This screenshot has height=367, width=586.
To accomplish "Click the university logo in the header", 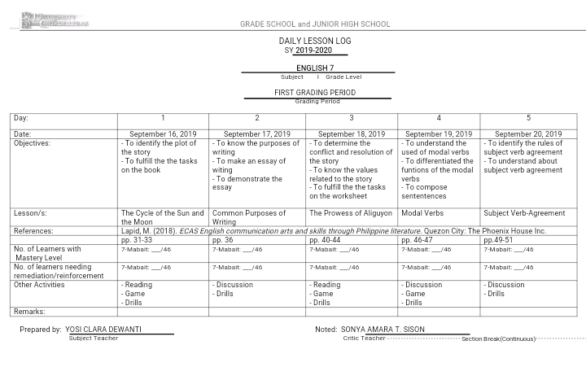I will [55, 20].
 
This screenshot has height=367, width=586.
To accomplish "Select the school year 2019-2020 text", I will [313, 50].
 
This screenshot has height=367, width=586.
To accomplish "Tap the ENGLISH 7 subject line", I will [315, 68].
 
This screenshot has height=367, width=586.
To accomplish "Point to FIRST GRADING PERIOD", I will [314, 93].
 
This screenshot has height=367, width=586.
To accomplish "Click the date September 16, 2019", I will [163, 134].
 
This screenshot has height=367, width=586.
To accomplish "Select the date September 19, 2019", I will [438, 134].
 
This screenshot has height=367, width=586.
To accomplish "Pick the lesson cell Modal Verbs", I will [422, 213].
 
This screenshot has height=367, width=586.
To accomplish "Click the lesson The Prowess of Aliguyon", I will [350, 213].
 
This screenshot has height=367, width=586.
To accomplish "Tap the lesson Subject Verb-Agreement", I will [524, 213].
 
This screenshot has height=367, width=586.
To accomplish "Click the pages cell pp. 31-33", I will [137, 240].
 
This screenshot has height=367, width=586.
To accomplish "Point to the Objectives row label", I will [32, 143].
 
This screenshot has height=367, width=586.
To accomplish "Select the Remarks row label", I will [29, 312].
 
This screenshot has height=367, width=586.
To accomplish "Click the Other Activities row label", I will [39, 285].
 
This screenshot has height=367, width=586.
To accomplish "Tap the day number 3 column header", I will [352, 118].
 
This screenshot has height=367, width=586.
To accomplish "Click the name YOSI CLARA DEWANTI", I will [103, 330].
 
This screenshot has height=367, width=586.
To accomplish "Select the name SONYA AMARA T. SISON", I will [383, 330].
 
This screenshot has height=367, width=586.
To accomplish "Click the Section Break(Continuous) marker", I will [498, 339].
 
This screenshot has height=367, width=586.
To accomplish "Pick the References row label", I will [33, 231].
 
